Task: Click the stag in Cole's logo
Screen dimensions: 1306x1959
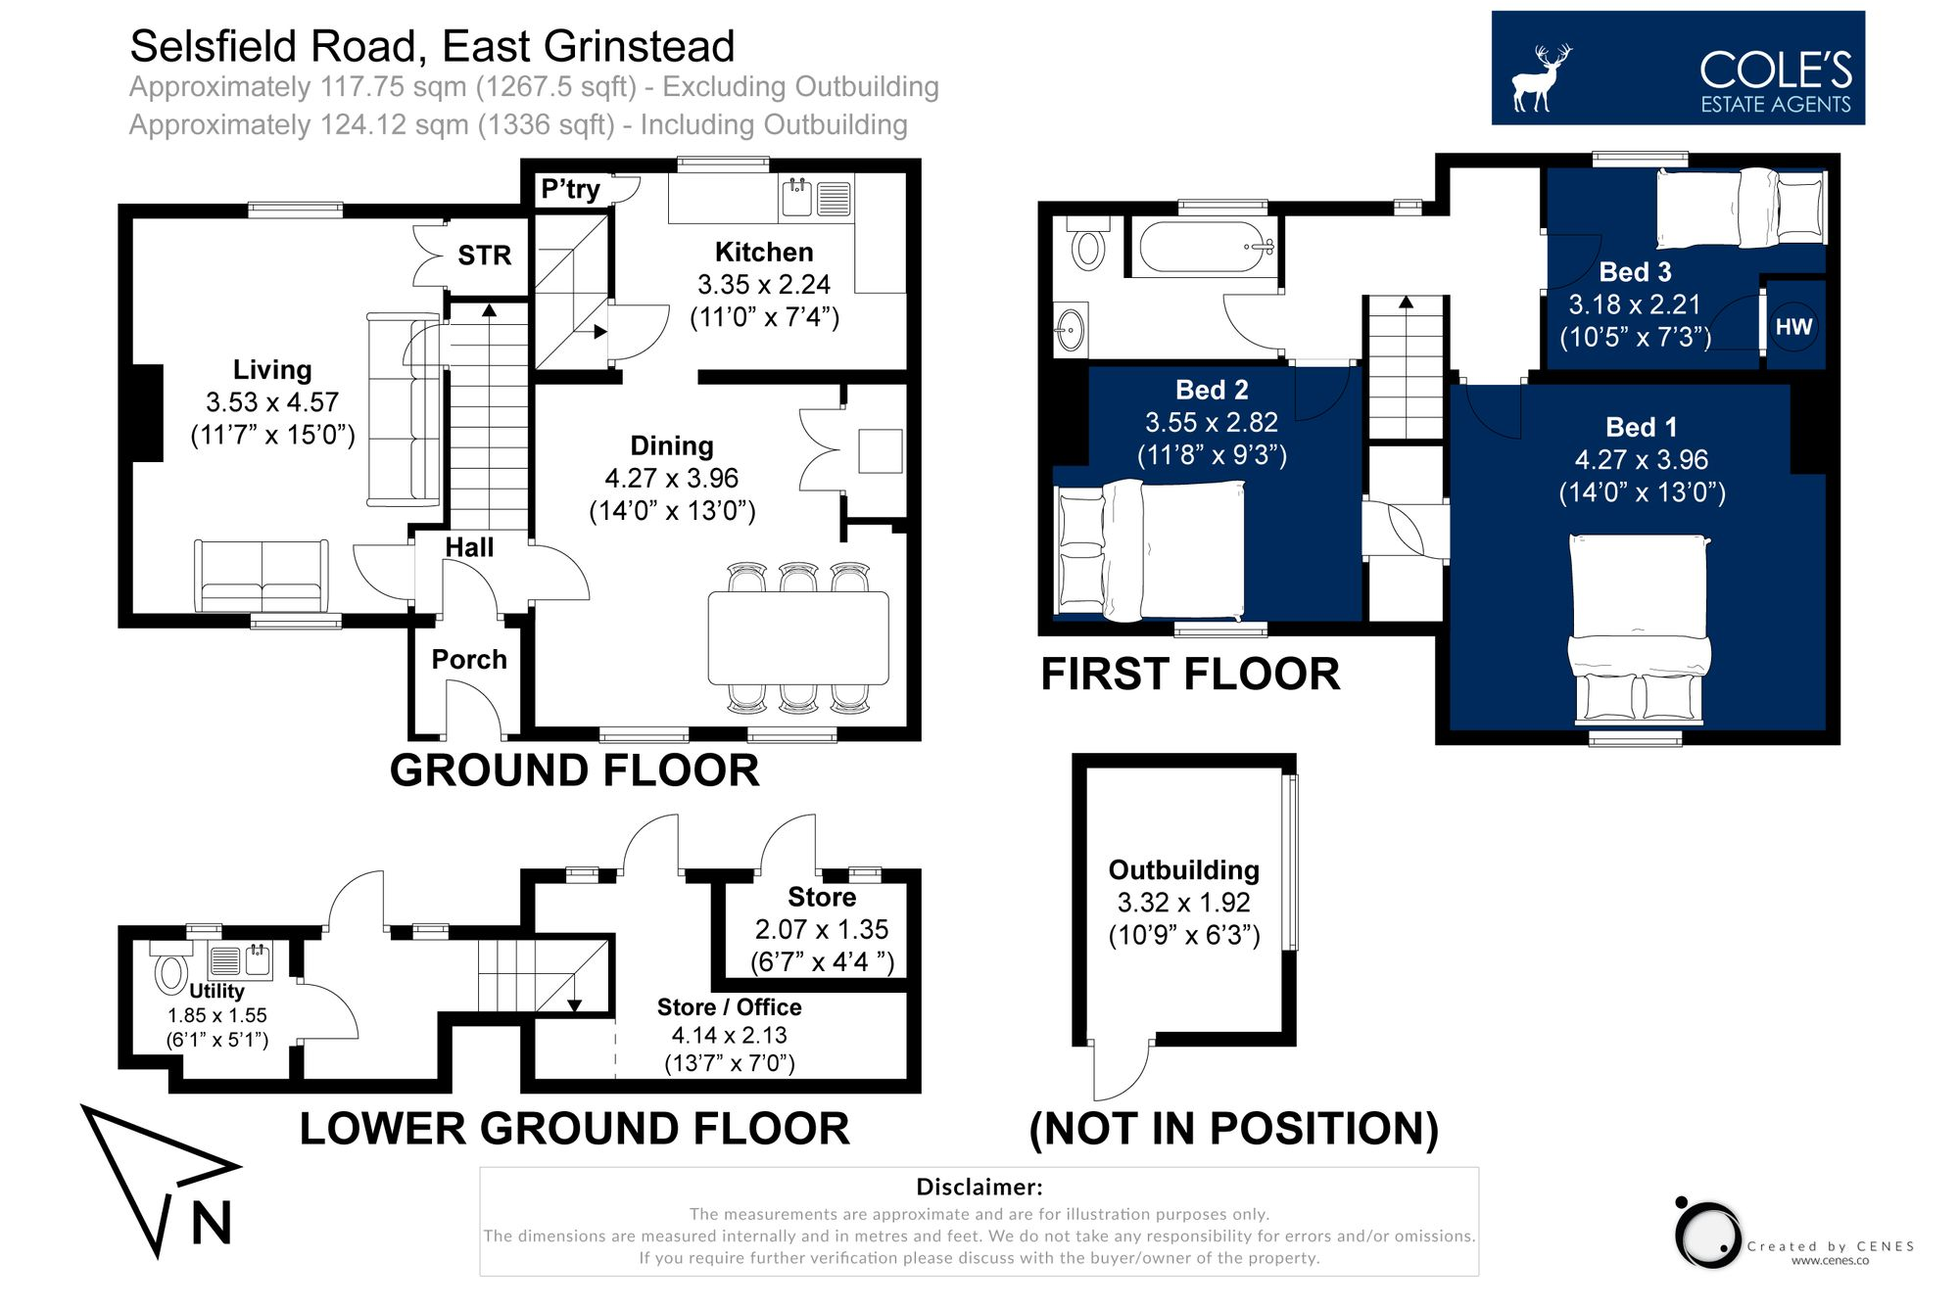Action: pos(1539,77)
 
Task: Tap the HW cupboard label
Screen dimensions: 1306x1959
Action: pos(1793,327)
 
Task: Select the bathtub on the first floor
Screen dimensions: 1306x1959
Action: pos(1206,247)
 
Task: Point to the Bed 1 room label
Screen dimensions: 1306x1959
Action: pos(1641,428)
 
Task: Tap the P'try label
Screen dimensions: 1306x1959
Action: pos(570,189)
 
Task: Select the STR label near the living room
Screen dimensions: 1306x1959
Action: pos(484,256)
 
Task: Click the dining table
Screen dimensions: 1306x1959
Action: pos(797,637)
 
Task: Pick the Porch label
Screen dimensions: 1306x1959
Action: pos(469,660)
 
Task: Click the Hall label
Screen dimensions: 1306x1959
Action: pos(469,548)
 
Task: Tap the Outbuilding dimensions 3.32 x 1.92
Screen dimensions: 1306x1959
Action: pos(1183,903)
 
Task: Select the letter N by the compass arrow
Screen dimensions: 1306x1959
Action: pos(212,1224)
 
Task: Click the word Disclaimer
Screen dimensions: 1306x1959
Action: pos(979,1188)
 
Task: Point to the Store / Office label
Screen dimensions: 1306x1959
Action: pos(729,1007)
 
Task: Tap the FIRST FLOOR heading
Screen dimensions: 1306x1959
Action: pos(1189,675)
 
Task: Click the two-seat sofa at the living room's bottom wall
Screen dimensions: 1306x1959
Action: pos(262,577)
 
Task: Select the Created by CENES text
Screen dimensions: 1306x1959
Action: pos(1830,1246)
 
